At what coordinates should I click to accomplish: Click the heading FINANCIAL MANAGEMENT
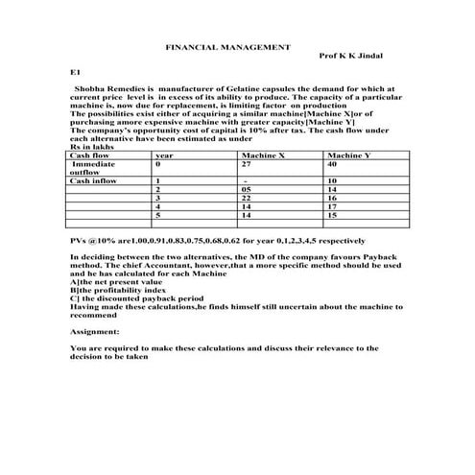click(227, 46)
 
